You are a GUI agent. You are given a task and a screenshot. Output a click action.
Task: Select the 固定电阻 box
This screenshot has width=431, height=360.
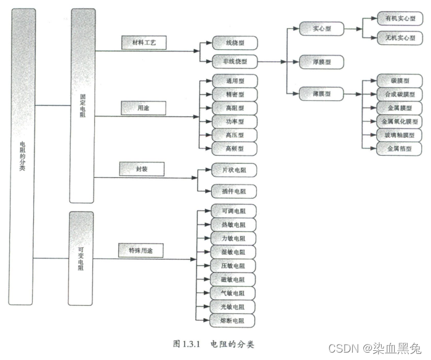82,105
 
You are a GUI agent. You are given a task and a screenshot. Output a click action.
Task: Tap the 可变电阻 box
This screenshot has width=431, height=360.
81,258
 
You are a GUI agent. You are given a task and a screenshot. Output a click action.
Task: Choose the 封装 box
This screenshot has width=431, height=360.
142,168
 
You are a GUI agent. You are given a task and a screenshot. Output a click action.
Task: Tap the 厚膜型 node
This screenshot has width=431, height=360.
321,62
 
